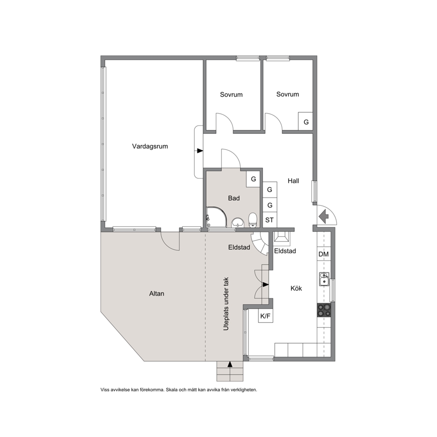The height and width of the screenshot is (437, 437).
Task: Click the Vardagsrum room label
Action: tap(150, 146)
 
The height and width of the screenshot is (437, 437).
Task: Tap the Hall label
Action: tap(293, 181)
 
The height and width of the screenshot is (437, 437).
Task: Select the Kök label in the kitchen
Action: tap(296, 288)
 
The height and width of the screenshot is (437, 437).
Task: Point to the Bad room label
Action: tap(234, 198)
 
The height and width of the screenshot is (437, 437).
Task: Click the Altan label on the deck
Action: tap(157, 293)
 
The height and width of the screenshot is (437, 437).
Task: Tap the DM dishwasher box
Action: tap(324, 254)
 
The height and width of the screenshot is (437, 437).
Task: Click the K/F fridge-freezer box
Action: tap(265, 316)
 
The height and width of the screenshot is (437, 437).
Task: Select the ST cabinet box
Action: tap(270, 220)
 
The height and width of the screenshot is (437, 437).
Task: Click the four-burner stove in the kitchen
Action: tap(324, 310)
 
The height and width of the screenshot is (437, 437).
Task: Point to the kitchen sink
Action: tap(324, 279)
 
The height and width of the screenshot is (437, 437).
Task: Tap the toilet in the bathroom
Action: tap(252, 220)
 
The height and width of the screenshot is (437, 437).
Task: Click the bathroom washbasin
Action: tap(237, 222)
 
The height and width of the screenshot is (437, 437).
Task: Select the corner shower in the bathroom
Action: tap(217, 217)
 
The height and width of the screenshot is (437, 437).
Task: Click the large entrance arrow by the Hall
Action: tap(323, 216)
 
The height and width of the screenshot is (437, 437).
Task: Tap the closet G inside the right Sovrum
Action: tap(306, 122)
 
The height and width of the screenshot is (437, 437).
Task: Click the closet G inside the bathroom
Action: tap(253, 179)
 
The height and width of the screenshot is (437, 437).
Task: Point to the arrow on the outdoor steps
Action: tap(230, 364)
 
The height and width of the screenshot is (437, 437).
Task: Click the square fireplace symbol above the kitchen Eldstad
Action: tap(281, 237)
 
